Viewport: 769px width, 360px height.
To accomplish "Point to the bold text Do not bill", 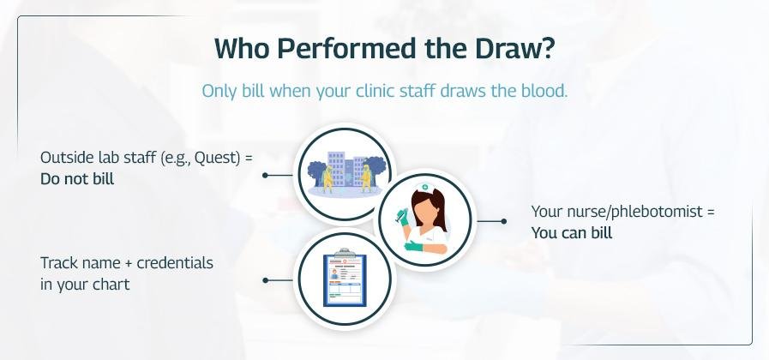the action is (x=77, y=179).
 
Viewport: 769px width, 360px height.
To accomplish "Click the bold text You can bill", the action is (x=572, y=233).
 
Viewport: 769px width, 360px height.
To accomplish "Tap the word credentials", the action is (x=175, y=263).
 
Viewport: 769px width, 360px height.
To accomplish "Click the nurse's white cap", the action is (x=424, y=188).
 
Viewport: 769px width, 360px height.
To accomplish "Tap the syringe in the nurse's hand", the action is (x=400, y=214).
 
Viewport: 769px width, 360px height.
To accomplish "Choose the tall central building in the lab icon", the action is (x=336, y=169).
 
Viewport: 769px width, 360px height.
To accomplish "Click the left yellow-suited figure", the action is (x=327, y=178).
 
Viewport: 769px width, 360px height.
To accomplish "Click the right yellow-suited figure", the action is (x=365, y=178).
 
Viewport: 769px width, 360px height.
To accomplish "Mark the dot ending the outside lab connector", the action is (x=265, y=175).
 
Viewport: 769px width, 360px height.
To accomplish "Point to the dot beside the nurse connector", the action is (x=504, y=221).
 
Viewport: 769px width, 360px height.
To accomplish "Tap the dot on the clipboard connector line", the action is (x=265, y=280).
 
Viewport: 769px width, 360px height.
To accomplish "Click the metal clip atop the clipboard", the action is (x=345, y=253).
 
